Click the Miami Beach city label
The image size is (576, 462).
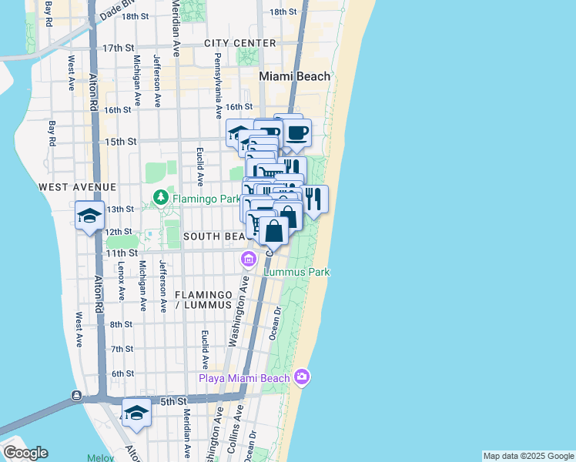coord(294,76)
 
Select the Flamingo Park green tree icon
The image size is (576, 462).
coord(160,198)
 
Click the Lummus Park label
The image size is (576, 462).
coord(296,272)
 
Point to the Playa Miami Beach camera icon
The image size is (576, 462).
coord(302,377)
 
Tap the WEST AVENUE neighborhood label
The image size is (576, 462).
coord(77,187)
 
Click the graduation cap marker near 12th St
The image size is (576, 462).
coord(89,216)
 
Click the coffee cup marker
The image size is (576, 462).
coord(296,132)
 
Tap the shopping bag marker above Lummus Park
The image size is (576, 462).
coord(274,230)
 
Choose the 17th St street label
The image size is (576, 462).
coord(119,48)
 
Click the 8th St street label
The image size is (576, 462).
coord(121,324)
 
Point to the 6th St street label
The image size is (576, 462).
coord(122,374)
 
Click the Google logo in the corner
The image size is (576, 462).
coord(25,453)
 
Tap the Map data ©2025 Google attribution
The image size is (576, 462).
coord(528,456)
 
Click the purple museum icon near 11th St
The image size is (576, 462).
coord(248,258)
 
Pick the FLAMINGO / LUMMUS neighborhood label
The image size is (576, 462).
coord(203,300)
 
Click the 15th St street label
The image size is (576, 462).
coord(121,142)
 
